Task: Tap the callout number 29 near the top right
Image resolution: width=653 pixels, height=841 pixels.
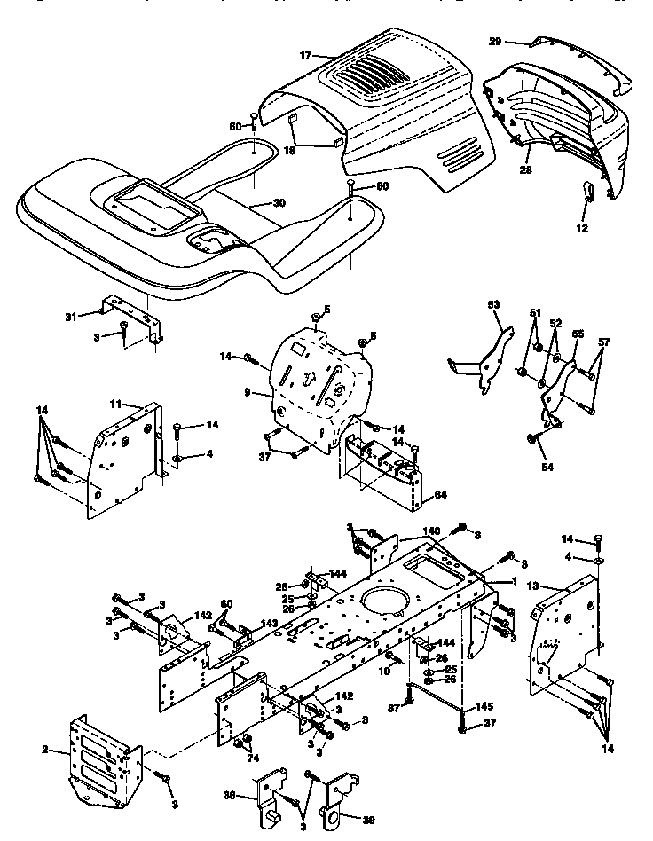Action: click(x=495, y=42)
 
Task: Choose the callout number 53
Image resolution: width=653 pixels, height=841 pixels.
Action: click(x=494, y=305)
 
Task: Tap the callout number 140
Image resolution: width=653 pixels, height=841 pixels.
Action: click(x=430, y=530)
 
